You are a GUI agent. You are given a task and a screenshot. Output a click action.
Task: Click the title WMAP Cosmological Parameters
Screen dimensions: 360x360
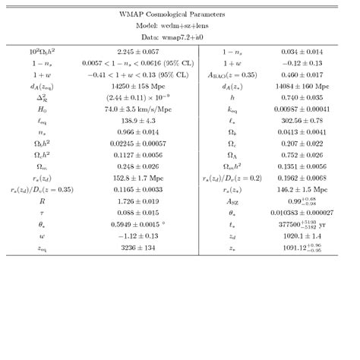[180, 14]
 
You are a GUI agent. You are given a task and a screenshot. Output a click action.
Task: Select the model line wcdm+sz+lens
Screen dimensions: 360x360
[180, 25]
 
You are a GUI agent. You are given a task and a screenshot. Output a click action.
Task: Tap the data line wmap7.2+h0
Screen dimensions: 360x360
[180, 36]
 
